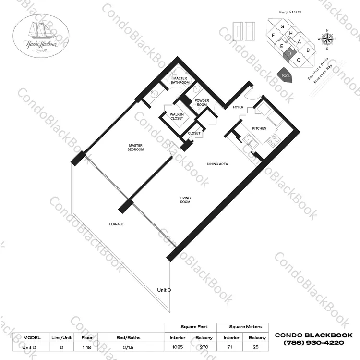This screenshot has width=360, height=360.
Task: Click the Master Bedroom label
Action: coord(136,148)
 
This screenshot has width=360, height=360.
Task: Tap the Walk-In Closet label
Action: coord(177,116)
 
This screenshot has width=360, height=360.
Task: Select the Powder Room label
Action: coord(202,102)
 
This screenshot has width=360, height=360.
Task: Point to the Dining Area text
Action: coord(217,164)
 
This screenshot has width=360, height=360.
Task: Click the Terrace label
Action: coord(116,224)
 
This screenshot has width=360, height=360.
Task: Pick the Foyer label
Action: coord(238,107)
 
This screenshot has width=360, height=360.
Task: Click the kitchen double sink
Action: coord(251,141)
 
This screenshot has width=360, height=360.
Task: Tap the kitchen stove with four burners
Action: coord(274,140)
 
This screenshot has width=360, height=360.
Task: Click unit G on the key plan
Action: coord(282,26)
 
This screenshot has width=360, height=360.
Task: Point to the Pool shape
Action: coord(286,75)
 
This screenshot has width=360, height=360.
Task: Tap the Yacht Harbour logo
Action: coord(41,36)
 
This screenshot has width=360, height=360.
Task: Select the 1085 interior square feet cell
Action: coord(178,347)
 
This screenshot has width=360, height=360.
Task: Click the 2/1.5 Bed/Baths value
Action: coord(128,348)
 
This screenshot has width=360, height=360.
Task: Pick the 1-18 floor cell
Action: coord(86,348)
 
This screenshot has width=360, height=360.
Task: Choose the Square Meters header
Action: coord(245,327)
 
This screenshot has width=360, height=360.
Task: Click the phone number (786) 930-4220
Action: coord(314,343)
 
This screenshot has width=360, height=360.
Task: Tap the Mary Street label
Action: coord(290,12)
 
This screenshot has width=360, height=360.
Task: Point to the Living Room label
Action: coord(185,200)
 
